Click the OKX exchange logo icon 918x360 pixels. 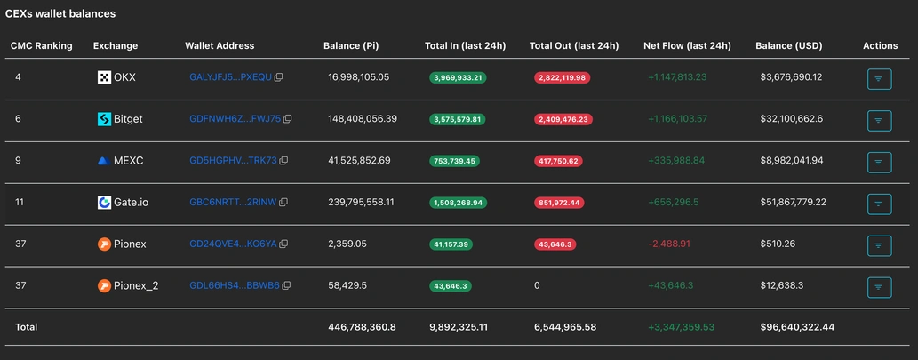pos(104,77)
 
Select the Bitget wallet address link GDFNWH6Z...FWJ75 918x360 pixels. pos(235,119)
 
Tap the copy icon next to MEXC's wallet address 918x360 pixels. pos(284,161)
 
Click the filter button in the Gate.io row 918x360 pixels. pos(878,203)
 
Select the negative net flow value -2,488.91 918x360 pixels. pos(675,244)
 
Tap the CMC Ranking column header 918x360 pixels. pos(41,45)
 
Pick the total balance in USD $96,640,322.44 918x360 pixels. pos(797,327)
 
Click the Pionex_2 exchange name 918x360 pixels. pos(135,285)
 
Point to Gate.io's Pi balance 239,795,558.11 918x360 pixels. pos(361,202)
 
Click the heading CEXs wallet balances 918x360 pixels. pos(60,14)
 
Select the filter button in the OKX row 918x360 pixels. pos(878,78)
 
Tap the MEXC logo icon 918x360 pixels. pos(104,161)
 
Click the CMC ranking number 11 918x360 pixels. pos(20,202)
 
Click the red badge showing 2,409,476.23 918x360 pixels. pos(562,119)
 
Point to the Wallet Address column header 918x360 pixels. pos(220,45)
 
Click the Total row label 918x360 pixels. pos(26,327)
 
